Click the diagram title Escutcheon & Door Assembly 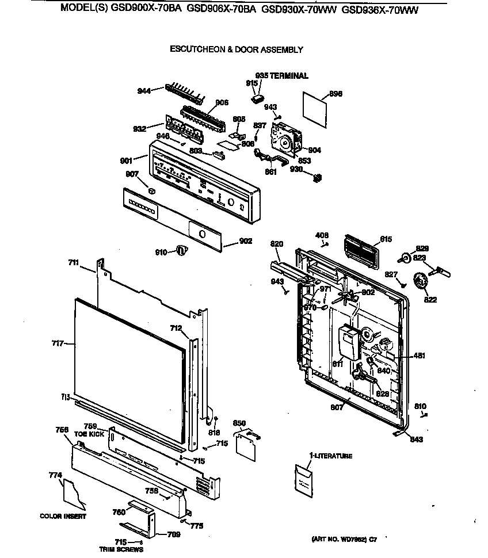[235, 50]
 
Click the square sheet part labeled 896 [315, 108]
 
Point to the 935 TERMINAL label [281, 76]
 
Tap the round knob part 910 [182, 250]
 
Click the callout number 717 [58, 344]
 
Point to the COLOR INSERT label [63, 516]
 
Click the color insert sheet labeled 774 [74, 493]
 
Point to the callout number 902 [246, 242]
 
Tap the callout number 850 [239, 423]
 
